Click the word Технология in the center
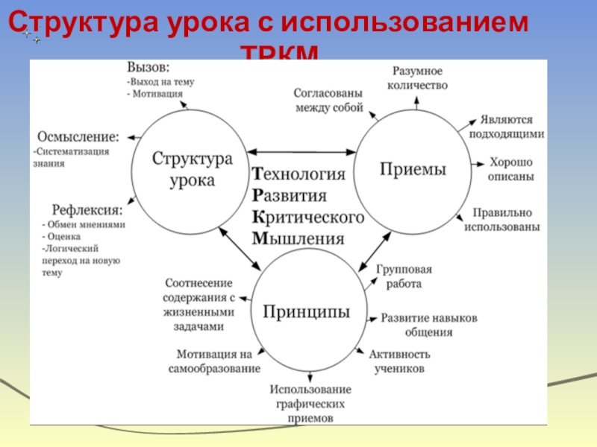point(298,174)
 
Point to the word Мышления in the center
point(298,238)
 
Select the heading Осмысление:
point(78,137)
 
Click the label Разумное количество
point(418,77)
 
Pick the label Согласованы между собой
point(328,101)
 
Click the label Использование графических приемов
point(310,403)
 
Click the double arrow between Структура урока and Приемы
point(301,152)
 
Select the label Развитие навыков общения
point(429,326)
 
